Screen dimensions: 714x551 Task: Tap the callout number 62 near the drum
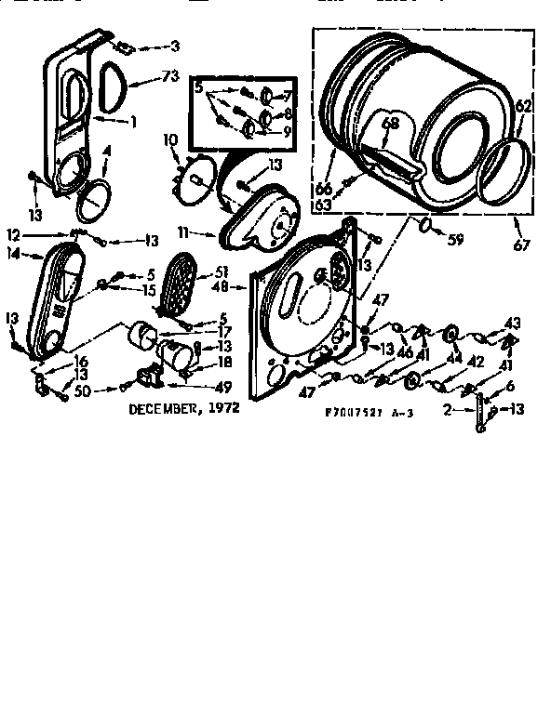pos(523,107)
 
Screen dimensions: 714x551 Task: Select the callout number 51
pos(222,271)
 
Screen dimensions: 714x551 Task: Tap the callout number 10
pos(170,140)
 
